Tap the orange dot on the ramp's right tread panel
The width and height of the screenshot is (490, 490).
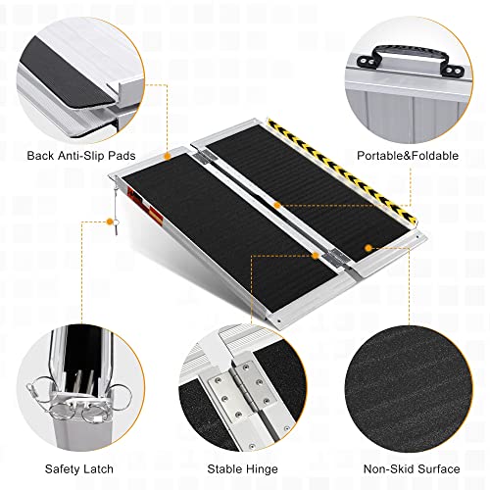(x=367, y=249)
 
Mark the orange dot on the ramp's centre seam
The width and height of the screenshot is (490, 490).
(x=277, y=205)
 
